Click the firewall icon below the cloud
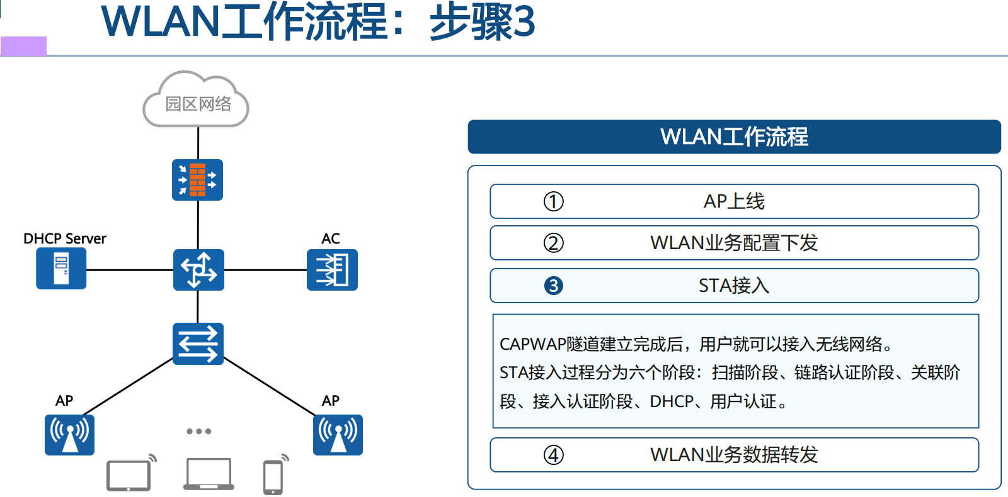point(197,180)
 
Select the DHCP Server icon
point(61,269)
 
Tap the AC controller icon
point(332,270)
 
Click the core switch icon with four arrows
point(198,270)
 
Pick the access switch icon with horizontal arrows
point(198,343)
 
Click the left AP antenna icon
point(69,435)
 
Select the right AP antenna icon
point(338,435)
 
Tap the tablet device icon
point(129,476)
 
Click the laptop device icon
point(209,474)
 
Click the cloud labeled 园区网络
point(197,103)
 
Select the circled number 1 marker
point(554,202)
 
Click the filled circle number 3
point(554,286)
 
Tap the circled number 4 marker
point(554,455)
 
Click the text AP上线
point(734,201)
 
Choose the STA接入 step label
point(734,286)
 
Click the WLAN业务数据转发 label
point(734,454)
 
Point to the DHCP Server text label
point(65,238)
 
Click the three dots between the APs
point(198,432)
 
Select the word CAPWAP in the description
point(533,345)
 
